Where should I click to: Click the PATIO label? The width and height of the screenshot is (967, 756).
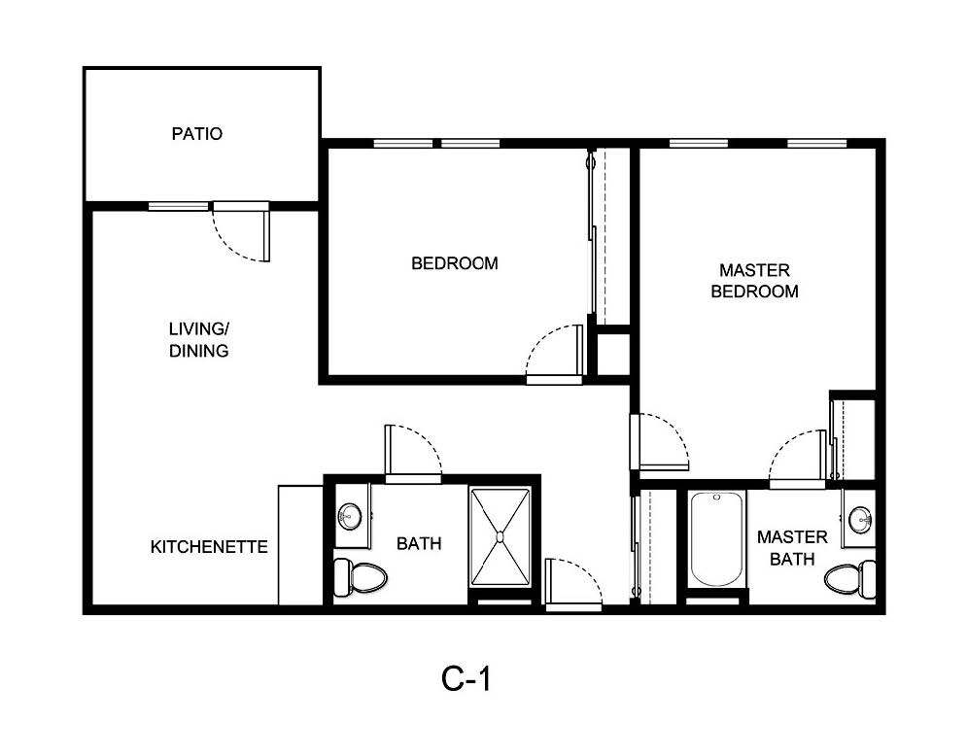pos(196,134)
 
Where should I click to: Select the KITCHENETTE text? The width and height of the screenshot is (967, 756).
pos(209,547)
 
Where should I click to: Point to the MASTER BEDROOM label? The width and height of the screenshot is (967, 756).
pos(754,280)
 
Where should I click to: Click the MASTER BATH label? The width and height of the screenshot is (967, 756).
pos(792,547)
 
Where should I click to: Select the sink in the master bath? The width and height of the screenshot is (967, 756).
pos(859,519)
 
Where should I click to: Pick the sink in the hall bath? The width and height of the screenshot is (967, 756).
pos(350,515)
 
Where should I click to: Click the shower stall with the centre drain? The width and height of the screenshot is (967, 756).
pos(501,536)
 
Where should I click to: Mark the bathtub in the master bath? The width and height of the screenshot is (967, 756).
pos(716,539)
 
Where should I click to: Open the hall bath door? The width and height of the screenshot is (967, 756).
pos(412,453)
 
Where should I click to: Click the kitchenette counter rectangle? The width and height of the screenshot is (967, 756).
pos(299,545)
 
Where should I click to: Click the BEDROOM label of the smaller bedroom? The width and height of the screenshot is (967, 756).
pos(454,263)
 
